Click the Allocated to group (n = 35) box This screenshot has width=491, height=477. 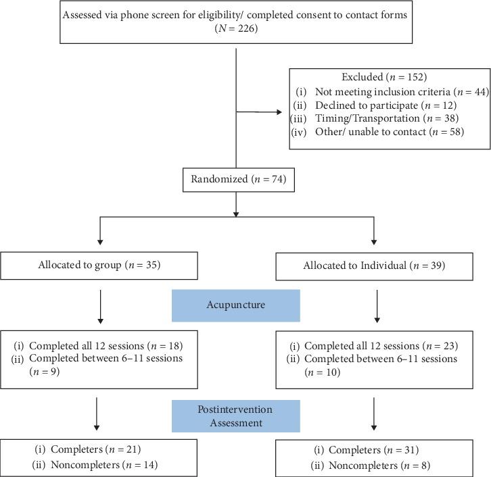pos(99,265)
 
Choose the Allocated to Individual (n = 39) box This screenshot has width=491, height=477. pos(373,265)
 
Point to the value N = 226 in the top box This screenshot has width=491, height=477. pos(235,29)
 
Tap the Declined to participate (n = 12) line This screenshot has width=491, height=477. pos(385,105)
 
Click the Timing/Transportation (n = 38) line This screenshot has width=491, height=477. pos(385,118)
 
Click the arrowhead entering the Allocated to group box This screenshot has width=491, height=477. pos(99,247)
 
